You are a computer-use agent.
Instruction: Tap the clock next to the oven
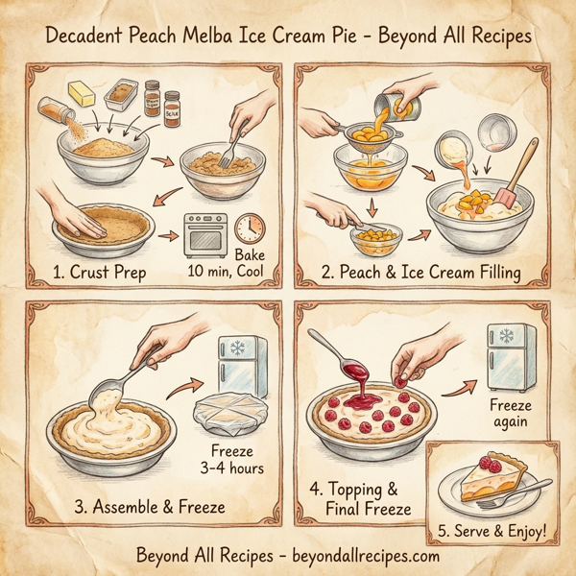coord(250,227)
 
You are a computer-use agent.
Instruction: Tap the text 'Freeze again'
coord(509,414)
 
